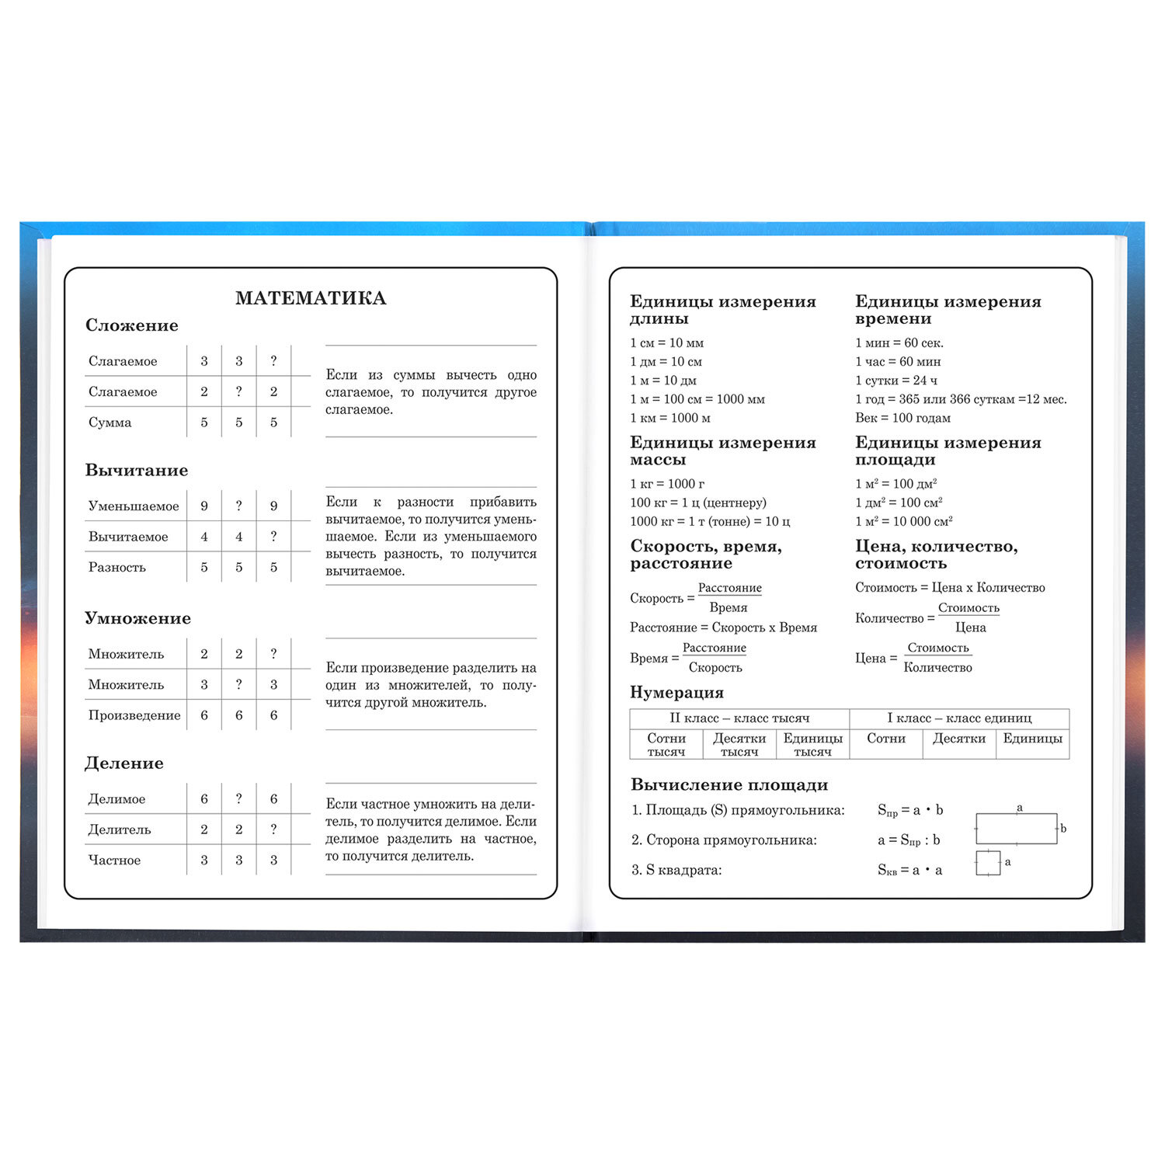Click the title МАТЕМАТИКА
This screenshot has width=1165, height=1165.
(311, 298)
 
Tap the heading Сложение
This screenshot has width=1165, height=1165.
(132, 325)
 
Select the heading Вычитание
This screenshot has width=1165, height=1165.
(137, 471)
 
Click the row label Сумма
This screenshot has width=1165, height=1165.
(110, 423)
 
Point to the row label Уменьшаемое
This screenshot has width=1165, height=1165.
(134, 506)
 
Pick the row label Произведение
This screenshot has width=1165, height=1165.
(134, 715)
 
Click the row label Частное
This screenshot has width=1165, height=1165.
(114, 861)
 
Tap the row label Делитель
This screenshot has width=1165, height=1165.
(120, 829)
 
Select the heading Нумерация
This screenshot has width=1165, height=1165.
(676, 693)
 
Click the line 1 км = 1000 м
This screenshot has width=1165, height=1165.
(670, 418)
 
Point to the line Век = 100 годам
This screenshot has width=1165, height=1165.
(902, 418)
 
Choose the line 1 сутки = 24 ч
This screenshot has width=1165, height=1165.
(896, 381)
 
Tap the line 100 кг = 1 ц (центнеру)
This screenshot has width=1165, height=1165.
(698, 503)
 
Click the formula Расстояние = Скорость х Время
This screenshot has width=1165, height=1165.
(723, 628)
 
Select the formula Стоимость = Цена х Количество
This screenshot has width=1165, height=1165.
(950, 588)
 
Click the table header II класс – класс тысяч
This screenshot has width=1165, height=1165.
(739, 718)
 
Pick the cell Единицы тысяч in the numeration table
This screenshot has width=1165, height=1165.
(812, 745)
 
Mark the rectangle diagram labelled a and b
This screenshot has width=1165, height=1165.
(1016, 829)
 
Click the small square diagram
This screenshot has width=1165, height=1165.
(988, 863)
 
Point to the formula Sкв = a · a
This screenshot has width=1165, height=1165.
(909, 871)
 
